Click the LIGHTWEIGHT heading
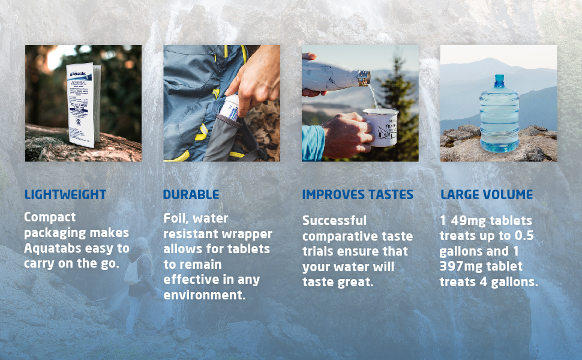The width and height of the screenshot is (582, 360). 65,194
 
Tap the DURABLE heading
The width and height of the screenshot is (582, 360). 191,194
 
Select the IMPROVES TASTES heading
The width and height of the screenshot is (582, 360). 358,194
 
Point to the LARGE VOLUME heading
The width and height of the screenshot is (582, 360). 487,194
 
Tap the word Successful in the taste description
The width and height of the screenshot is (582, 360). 334,220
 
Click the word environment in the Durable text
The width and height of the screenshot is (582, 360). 205,295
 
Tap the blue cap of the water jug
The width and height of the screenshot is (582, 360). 499,80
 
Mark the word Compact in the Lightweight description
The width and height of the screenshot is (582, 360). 50,217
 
